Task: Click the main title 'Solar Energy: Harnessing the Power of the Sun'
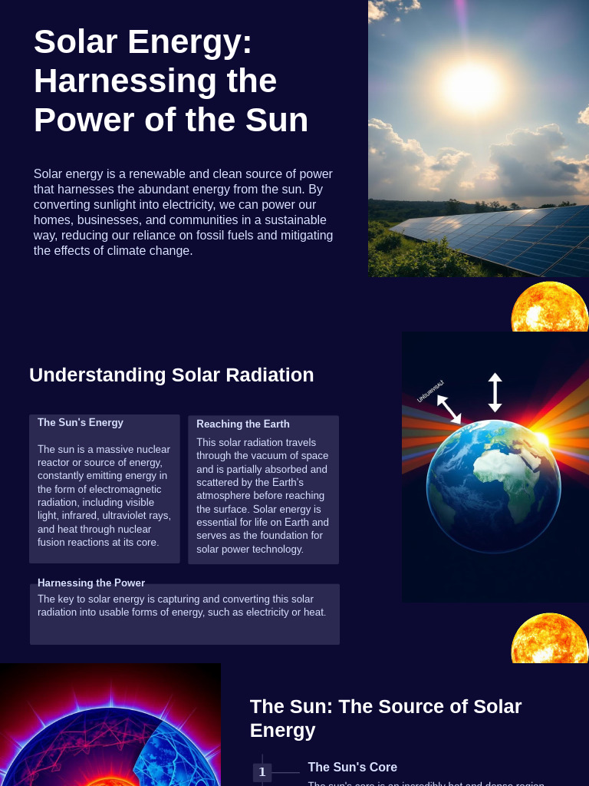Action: tap(170, 81)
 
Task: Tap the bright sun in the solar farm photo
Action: tap(471, 83)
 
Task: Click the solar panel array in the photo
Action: tap(506, 238)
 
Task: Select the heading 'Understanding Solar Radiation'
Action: tap(171, 375)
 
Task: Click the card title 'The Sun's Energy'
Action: tap(81, 422)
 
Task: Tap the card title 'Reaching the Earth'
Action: tap(243, 424)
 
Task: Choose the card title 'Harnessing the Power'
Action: tap(91, 583)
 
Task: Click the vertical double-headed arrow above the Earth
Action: tap(495, 392)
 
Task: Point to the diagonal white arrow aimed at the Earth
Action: tap(449, 409)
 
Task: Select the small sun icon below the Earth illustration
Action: tap(549, 639)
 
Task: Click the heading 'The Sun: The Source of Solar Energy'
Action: tap(386, 718)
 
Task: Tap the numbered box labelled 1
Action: tap(262, 772)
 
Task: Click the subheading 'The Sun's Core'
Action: tap(353, 767)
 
